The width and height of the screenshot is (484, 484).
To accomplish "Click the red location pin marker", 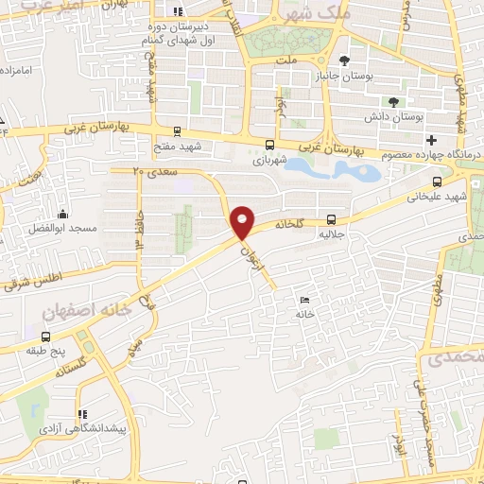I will point(244,221).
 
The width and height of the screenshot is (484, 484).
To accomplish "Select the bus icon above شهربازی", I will point(271,145).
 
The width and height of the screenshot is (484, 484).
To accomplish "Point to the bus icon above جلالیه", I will point(331,216).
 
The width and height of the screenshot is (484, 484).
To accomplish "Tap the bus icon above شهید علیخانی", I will point(436,181).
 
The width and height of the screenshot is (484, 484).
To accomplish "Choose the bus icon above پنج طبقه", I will point(46,337).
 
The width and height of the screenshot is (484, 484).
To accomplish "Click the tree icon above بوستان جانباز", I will point(358,61).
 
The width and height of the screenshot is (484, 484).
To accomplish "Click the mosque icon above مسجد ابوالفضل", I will point(61,215).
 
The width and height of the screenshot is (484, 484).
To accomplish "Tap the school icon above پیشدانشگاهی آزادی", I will point(82,413).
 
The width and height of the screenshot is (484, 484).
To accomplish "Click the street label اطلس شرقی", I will point(32,281).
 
